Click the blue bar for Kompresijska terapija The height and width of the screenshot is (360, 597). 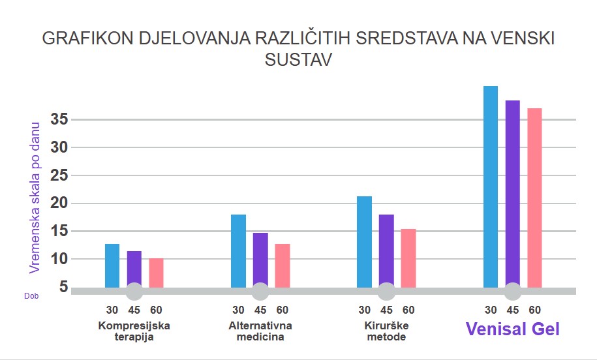[x=112, y=265]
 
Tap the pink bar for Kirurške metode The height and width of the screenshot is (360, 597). [x=408, y=258]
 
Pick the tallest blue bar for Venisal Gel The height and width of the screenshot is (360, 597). [x=491, y=187]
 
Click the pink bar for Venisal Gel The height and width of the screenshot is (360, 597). [x=534, y=198]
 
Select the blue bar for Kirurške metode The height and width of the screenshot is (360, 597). [x=364, y=242]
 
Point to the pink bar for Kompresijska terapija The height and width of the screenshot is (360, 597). [x=156, y=273]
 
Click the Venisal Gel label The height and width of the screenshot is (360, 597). [x=513, y=329]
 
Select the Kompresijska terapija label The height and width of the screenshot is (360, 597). [x=134, y=331]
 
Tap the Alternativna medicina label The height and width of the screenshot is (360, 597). [x=260, y=331]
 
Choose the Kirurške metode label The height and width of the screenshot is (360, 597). [x=386, y=331]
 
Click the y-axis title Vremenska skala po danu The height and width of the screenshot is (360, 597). [x=35, y=197]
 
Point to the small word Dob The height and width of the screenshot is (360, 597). [x=31, y=295]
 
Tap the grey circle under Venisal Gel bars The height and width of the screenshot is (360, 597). [x=513, y=291]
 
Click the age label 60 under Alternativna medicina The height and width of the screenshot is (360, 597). [x=282, y=310]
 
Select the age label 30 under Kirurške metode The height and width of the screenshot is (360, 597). [x=364, y=310]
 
